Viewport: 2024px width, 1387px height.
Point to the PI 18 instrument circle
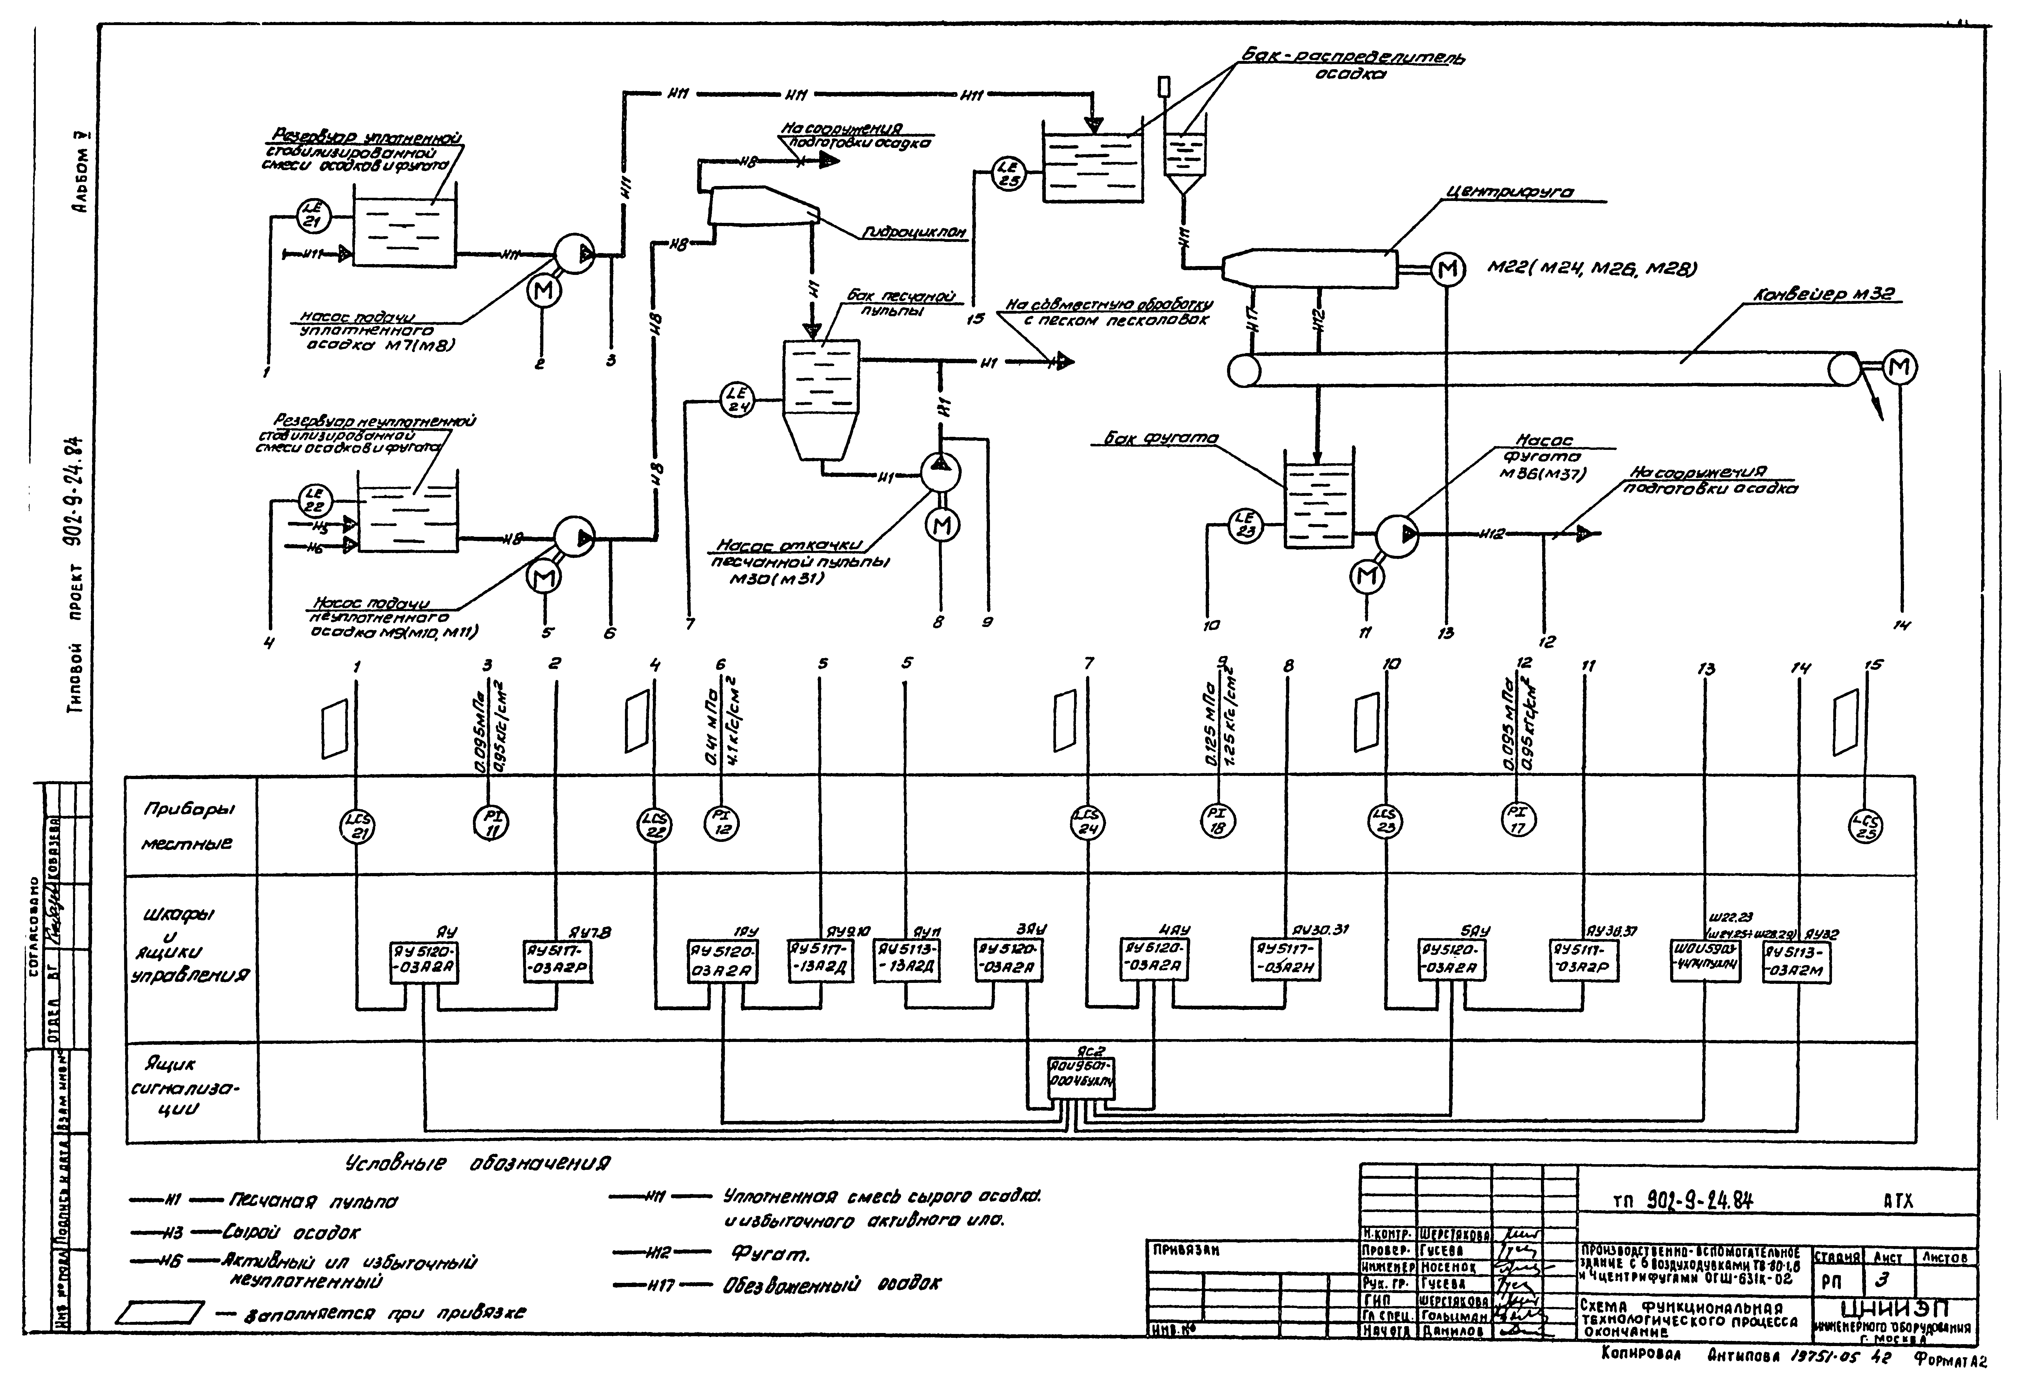pos(1218,820)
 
